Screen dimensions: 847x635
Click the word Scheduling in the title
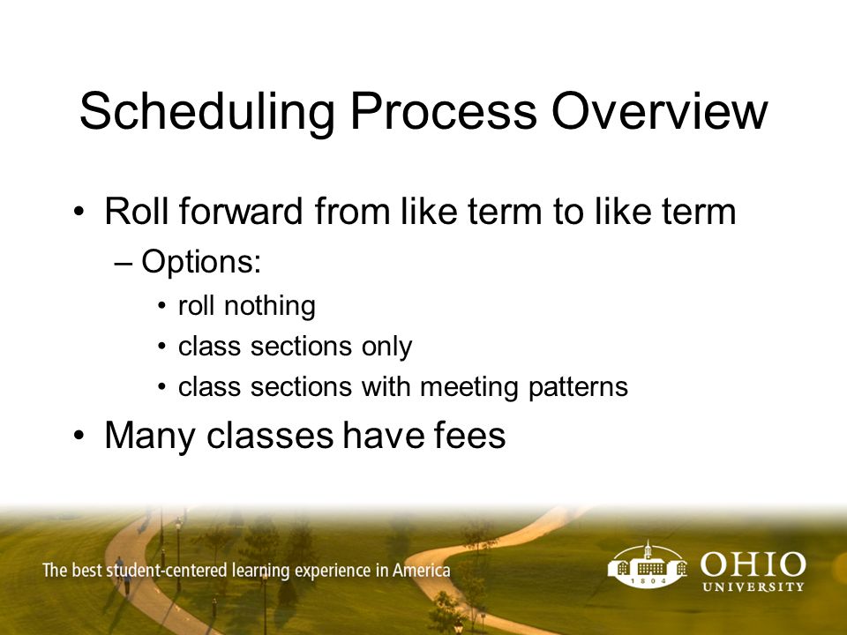[207, 112]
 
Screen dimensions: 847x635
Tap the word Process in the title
[444, 111]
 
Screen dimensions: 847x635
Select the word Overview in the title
[660, 111]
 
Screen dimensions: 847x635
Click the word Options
[201, 263]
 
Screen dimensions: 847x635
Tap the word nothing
[270, 306]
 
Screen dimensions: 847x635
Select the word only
[386, 347]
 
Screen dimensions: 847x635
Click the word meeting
[468, 387]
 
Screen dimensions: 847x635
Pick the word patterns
[578, 387]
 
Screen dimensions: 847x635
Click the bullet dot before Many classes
[79, 435]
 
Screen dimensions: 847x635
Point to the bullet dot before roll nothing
[162, 306]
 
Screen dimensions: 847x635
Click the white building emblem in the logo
[647, 564]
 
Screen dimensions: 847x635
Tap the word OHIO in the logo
[753, 564]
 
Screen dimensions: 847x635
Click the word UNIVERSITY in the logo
[753, 586]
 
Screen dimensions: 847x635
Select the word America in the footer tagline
[422, 571]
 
